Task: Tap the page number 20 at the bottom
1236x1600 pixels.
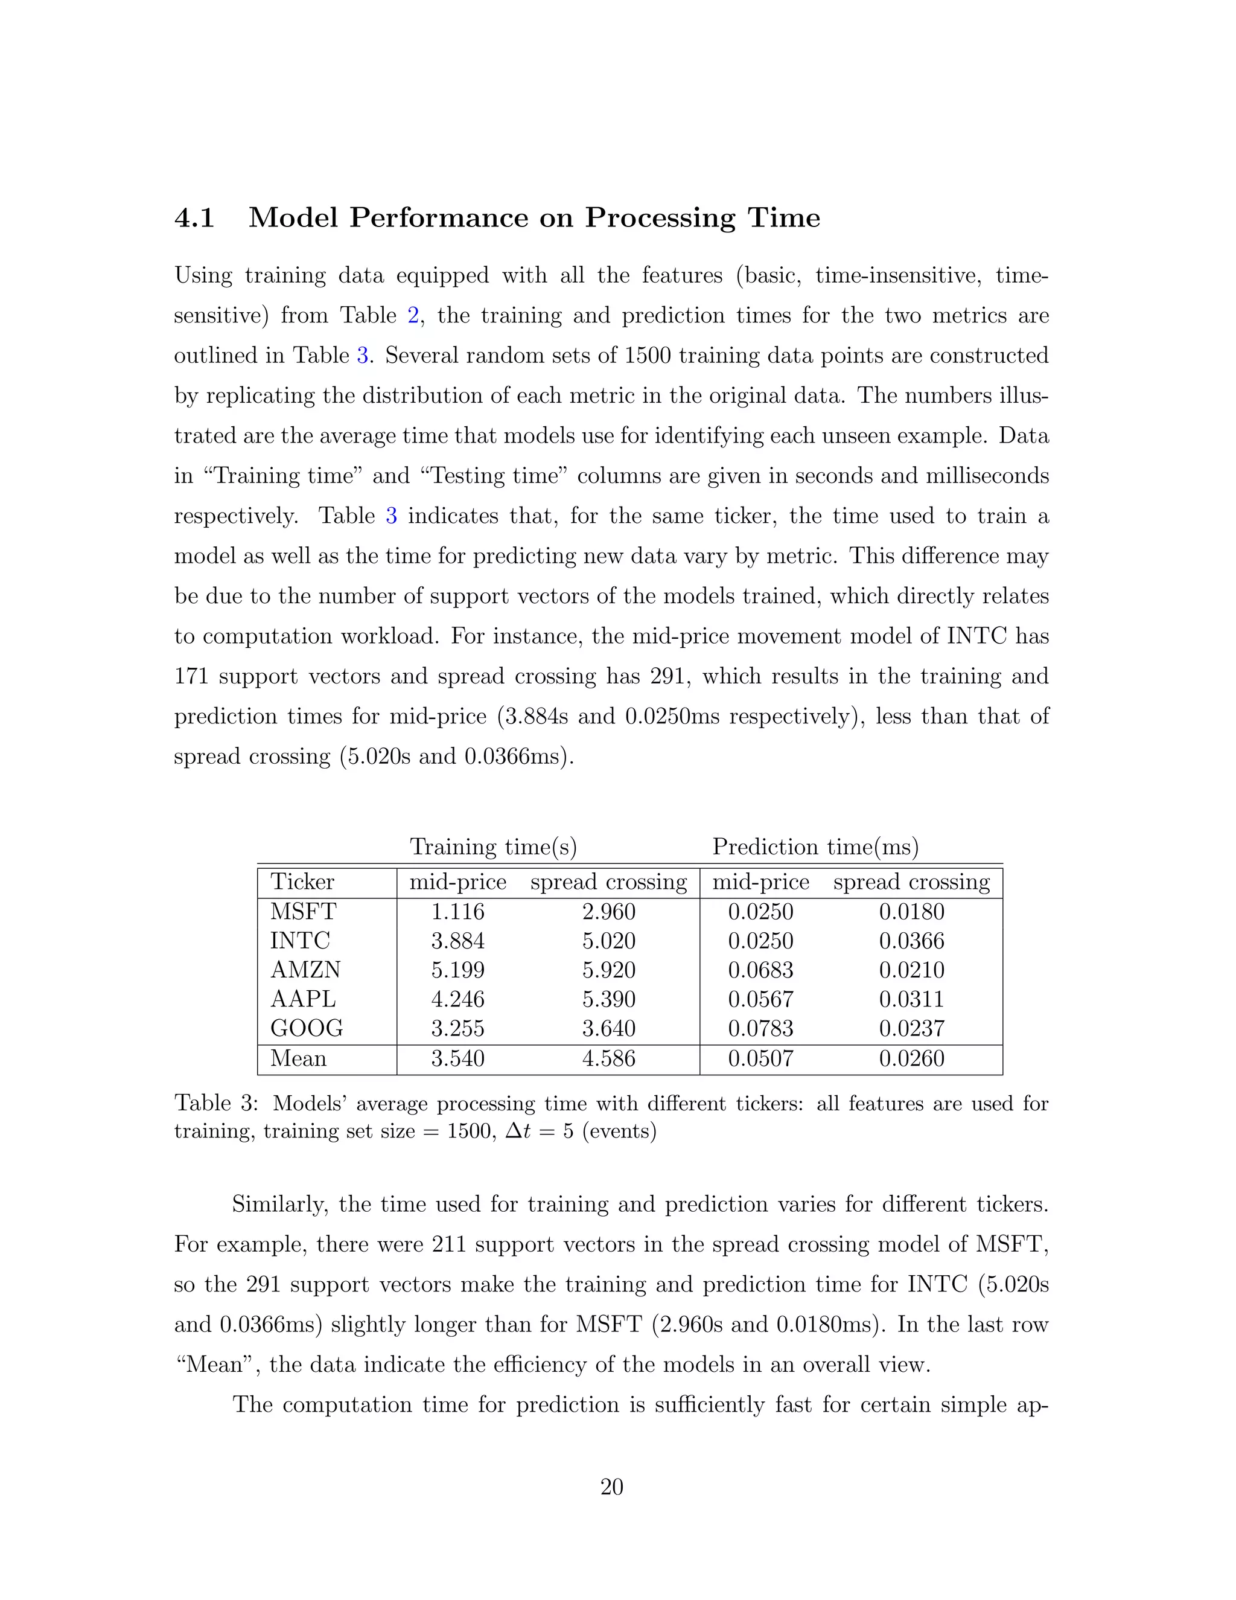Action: tap(611, 1486)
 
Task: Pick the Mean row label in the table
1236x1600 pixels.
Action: tap(298, 1058)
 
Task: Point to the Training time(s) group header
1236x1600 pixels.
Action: tap(493, 847)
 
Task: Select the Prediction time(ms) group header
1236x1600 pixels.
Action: tap(815, 847)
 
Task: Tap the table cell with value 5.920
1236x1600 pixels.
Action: tap(608, 970)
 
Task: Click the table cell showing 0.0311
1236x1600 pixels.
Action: tap(912, 999)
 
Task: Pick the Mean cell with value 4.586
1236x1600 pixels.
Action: tap(608, 1058)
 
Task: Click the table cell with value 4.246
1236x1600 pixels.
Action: tap(457, 999)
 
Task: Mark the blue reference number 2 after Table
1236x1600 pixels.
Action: tap(412, 316)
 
